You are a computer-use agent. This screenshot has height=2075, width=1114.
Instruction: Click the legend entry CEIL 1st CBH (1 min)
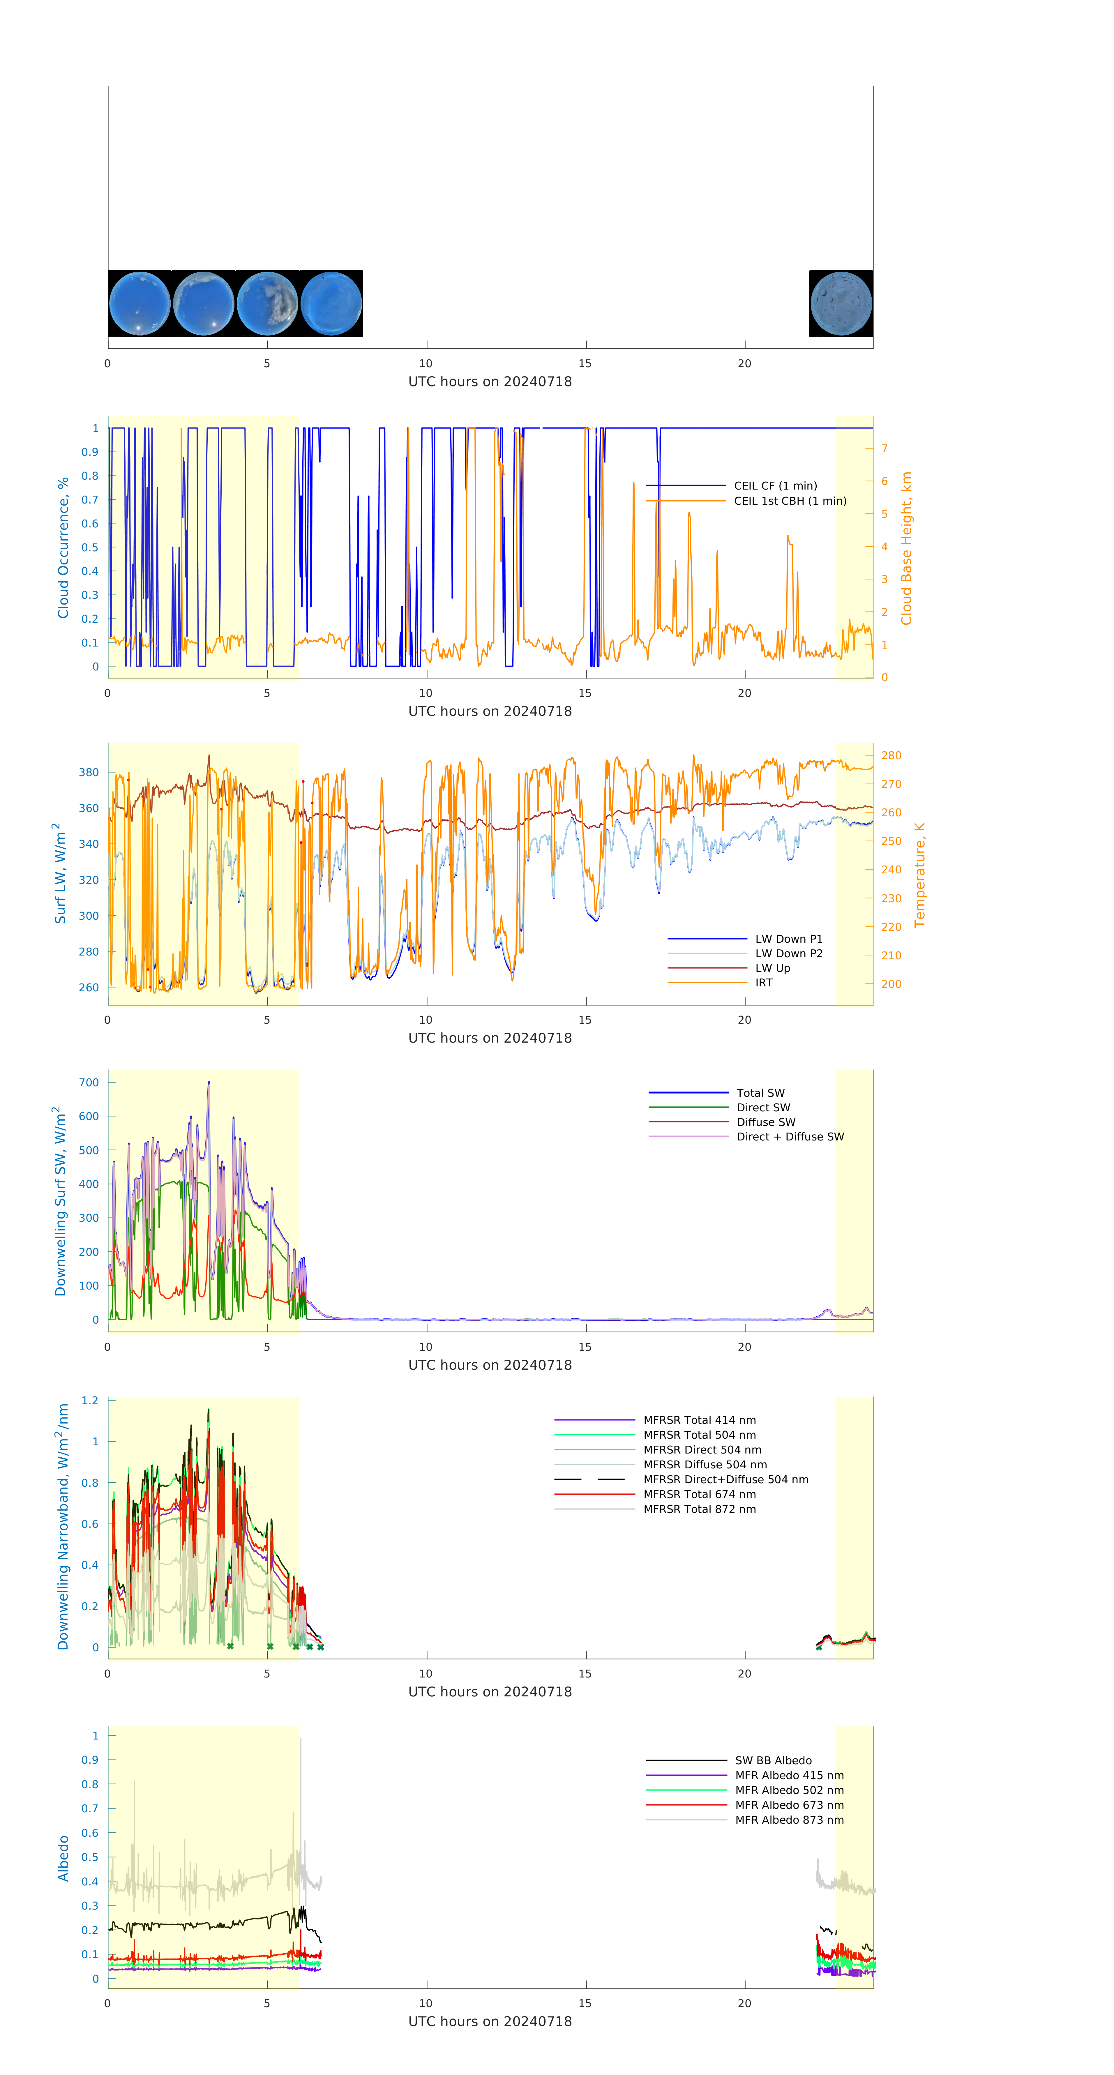(789, 501)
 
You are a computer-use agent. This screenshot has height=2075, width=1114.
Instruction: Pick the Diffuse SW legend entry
(765, 1122)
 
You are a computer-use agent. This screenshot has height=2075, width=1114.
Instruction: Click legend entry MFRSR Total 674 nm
(699, 1494)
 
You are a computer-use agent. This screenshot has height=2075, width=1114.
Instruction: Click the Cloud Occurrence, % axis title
(63, 548)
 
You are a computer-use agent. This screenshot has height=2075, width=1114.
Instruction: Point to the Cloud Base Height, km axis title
(906, 548)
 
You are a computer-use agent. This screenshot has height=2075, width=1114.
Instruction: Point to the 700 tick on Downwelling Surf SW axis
(89, 1082)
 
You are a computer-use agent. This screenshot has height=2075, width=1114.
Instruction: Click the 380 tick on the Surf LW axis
(89, 773)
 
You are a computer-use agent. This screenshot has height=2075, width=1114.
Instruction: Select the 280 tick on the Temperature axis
(891, 755)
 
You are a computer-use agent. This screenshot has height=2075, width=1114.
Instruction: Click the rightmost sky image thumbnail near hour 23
(840, 304)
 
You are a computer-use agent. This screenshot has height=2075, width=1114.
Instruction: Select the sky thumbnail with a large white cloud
(267, 304)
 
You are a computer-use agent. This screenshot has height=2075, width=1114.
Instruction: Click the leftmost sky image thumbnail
(139, 304)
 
